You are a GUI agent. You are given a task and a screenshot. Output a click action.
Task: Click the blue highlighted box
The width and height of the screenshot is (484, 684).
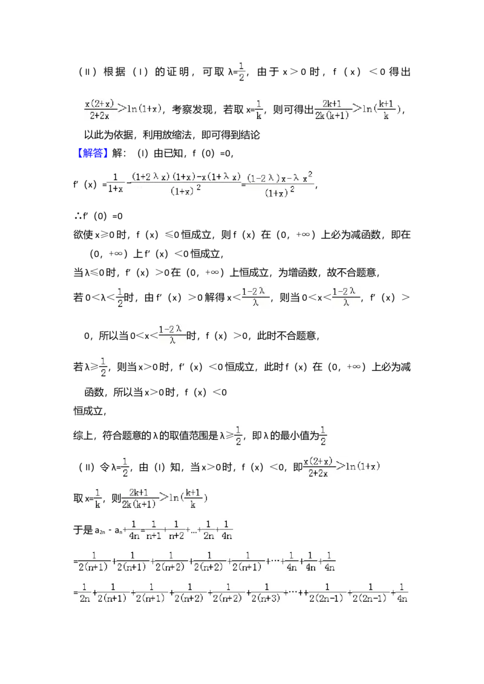click(93, 153)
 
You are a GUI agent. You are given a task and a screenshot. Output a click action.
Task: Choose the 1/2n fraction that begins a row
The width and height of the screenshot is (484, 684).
click(85, 592)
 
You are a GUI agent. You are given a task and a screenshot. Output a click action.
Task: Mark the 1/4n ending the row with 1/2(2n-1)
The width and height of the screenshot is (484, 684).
click(402, 592)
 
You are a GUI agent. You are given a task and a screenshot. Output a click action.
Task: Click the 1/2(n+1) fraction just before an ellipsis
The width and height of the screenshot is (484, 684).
click(247, 561)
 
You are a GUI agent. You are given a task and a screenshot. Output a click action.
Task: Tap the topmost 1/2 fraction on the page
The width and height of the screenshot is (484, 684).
click(241, 70)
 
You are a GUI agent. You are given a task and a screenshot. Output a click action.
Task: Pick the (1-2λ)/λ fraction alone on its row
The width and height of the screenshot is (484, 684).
click(172, 335)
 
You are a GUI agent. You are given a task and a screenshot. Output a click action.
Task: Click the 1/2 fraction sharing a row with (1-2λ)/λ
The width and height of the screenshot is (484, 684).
click(119, 297)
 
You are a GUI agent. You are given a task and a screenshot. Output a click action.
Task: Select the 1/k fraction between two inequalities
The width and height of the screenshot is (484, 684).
click(260, 109)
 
